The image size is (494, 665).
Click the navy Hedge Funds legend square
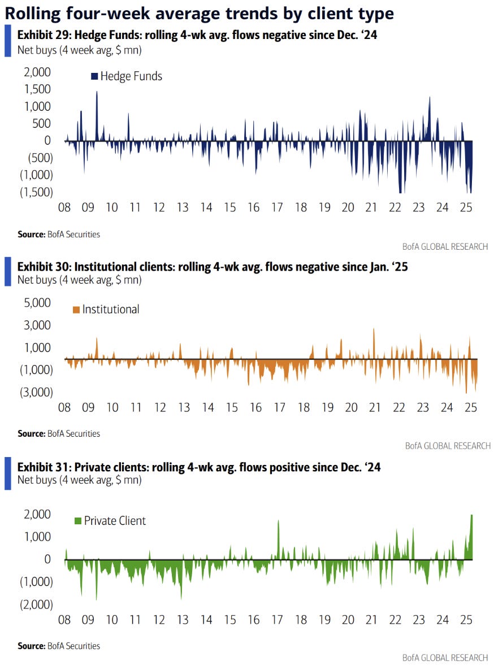(94, 76)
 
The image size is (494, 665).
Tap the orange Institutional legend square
(76, 310)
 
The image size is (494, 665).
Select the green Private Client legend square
(78, 521)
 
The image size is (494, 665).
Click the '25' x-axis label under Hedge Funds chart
(466, 207)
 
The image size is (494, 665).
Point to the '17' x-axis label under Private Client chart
(278, 620)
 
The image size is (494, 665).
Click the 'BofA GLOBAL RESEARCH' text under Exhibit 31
(446, 658)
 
